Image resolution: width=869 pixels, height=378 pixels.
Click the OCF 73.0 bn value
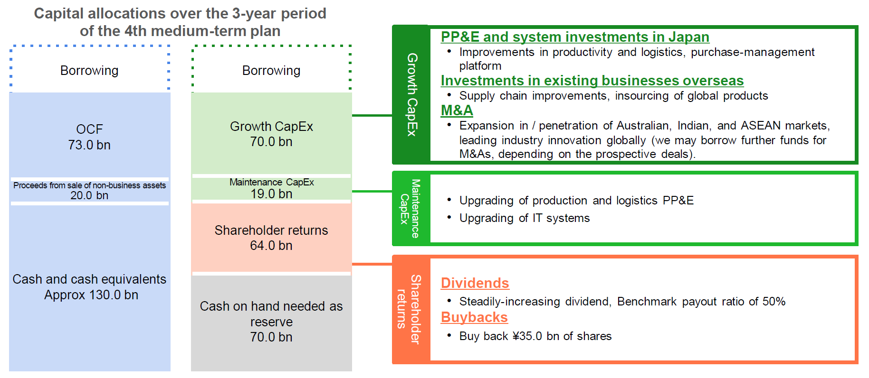[89, 145]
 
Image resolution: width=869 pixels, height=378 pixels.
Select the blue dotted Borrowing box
[89, 70]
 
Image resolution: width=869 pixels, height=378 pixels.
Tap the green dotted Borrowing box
[271, 70]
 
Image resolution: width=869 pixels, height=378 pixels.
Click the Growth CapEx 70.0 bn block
[271, 134]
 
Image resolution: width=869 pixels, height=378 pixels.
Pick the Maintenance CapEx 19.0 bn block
[271, 189]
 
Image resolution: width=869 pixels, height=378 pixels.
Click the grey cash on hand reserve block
[271, 322]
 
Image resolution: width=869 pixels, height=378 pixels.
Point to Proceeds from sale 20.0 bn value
[89, 195]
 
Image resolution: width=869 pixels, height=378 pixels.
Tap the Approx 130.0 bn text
[91, 295]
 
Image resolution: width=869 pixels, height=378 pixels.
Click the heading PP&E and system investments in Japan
[575, 37]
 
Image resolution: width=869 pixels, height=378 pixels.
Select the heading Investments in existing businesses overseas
[592, 81]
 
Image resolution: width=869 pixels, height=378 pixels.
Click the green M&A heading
[457, 111]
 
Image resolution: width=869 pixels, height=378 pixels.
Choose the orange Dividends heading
[475, 283]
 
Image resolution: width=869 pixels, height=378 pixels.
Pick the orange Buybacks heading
[474, 317]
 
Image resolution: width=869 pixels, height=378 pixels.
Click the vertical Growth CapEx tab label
[411, 94]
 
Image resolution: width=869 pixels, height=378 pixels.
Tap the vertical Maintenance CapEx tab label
[410, 209]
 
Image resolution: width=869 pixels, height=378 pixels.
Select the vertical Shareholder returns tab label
[409, 309]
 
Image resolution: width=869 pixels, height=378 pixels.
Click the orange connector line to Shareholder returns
[372, 264]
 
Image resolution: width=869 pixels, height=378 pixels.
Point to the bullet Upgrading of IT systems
[524, 218]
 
